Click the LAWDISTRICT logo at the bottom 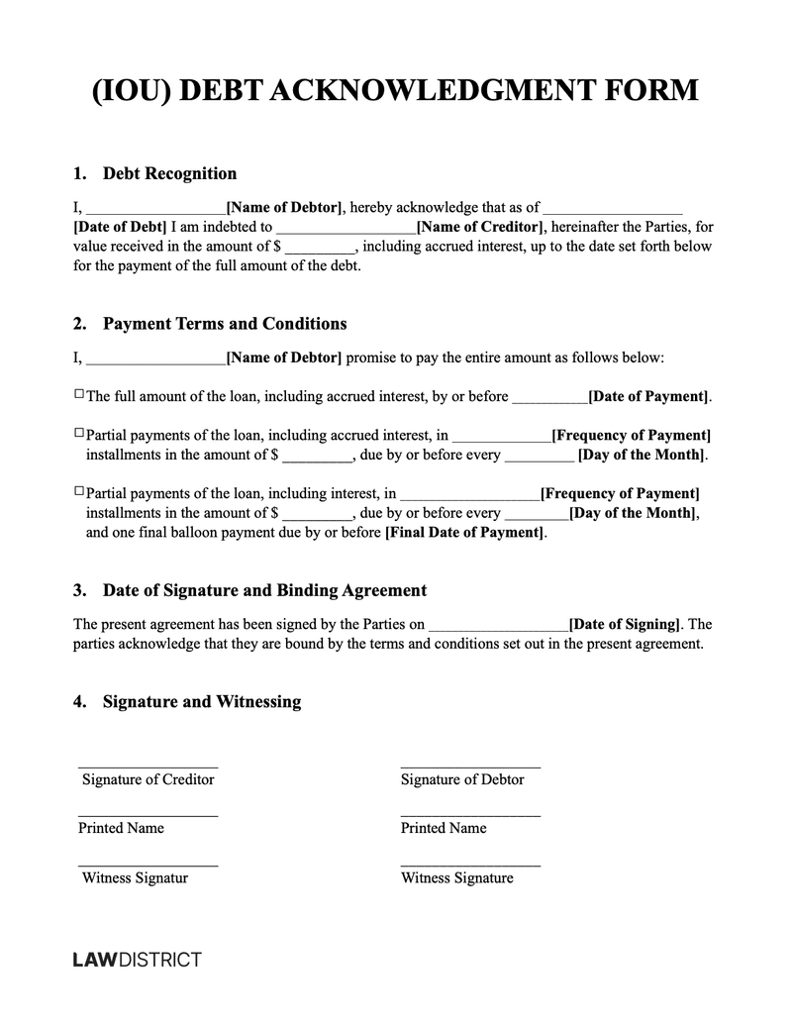pyautogui.click(x=138, y=959)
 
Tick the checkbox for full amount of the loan pyautogui.click(x=79, y=394)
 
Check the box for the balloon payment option pyautogui.click(x=79, y=491)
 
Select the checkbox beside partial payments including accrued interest pyautogui.click(x=79, y=433)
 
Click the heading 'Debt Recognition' pyautogui.click(x=169, y=173)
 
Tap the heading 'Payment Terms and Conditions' pyautogui.click(x=225, y=324)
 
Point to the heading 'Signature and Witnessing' pyautogui.click(x=201, y=701)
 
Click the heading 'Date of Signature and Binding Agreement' pyautogui.click(x=264, y=590)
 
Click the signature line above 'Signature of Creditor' pyautogui.click(x=148, y=766)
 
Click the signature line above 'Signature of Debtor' pyautogui.click(x=470, y=766)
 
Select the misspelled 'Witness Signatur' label pyautogui.click(x=135, y=877)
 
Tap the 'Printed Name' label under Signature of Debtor pyautogui.click(x=444, y=828)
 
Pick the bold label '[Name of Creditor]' pyautogui.click(x=480, y=227)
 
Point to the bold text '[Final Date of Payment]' pyautogui.click(x=464, y=533)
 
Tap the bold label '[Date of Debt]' pyautogui.click(x=120, y=227)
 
